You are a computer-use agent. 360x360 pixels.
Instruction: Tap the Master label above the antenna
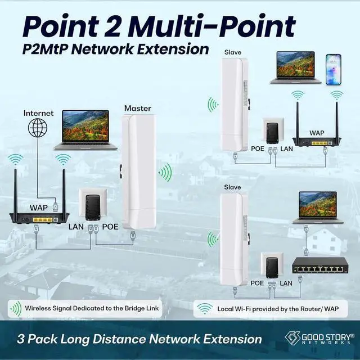pos(138,108)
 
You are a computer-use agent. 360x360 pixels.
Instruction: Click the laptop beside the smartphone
pos(295,68)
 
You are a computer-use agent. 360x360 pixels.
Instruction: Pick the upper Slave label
pos(232,52)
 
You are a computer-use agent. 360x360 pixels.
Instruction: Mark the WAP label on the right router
pos(317,133)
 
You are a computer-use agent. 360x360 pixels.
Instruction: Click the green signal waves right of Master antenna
pos(164,173)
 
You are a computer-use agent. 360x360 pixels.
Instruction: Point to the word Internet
pos(39,113)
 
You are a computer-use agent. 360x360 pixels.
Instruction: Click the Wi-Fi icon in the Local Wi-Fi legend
pos(206,308)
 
